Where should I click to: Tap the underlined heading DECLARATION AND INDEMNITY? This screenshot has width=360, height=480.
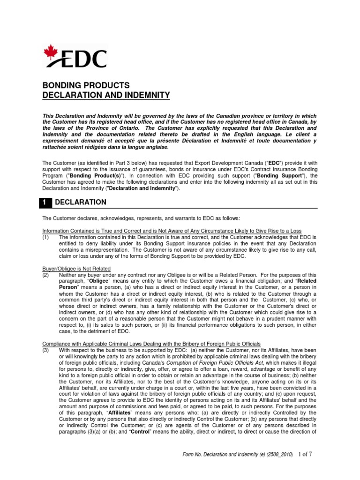(x=106, y=96)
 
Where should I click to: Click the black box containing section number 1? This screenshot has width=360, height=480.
(x=46, y=202)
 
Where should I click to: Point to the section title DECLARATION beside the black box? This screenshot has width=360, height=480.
(x=81, y=202)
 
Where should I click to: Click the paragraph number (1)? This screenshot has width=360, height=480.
(x=46, y=237)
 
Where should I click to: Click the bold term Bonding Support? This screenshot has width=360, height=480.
(x=261, y=175)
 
